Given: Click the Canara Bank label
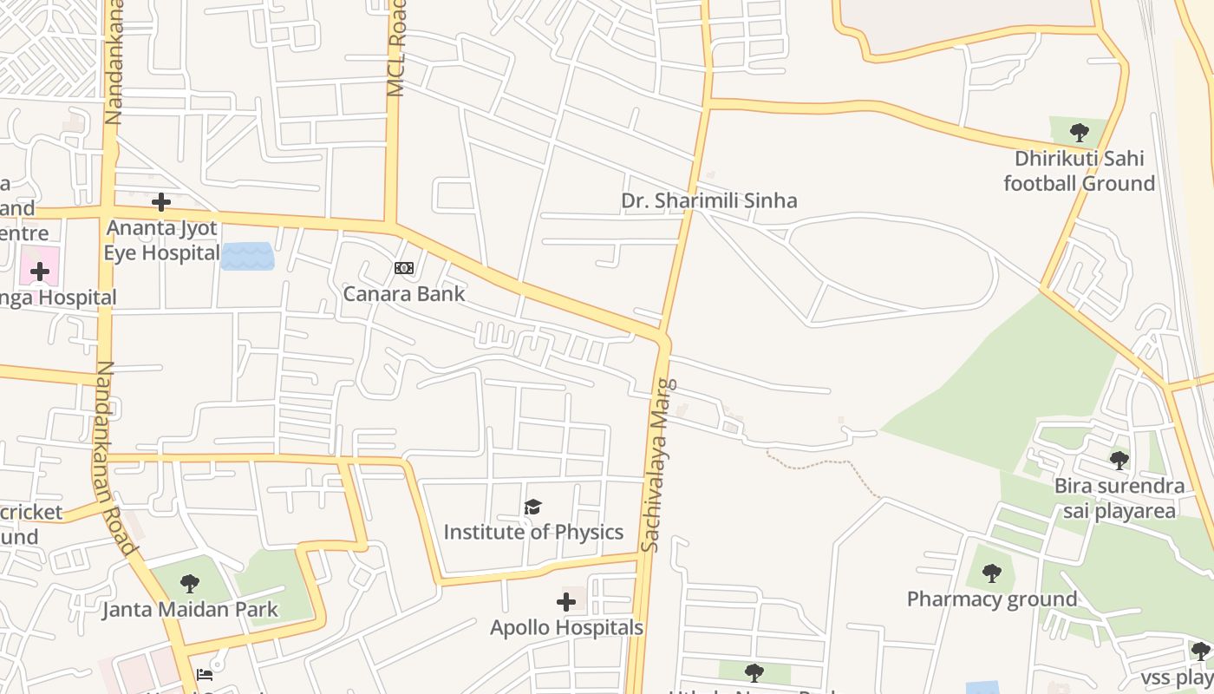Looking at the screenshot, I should tap(404, 294).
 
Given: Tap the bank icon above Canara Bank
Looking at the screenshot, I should tap(404, 268).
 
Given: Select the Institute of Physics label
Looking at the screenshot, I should tap(533, 532).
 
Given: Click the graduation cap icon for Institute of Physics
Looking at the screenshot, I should tap(532, 507).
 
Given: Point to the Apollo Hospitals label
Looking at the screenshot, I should tap(566, 627).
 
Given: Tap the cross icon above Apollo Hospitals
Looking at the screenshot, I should tap(566, 601).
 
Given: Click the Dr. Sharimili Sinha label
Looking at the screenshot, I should tap(708, 200).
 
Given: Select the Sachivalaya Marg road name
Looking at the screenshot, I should tap(656, 465).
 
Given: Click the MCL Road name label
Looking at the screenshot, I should tap(396, 49).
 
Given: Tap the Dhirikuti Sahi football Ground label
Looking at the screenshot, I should tap(1080, 171).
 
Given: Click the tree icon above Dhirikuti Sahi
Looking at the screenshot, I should tap(1080, 133).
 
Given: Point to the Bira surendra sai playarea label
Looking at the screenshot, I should tap(1119, 498).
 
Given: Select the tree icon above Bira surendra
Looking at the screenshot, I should tap(1119, 460).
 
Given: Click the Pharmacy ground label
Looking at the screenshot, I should tap(992, 599).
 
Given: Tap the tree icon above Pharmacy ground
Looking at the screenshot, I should tap(992, 573).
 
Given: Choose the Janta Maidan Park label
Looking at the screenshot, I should tap(190, 610).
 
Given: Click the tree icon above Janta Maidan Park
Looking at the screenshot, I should tap(190, 584).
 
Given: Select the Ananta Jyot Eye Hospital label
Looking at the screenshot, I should tap(161, 240).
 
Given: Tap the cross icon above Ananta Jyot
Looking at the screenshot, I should tap(160, 203).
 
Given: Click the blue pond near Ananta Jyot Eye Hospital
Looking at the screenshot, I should tap(247, 256).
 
